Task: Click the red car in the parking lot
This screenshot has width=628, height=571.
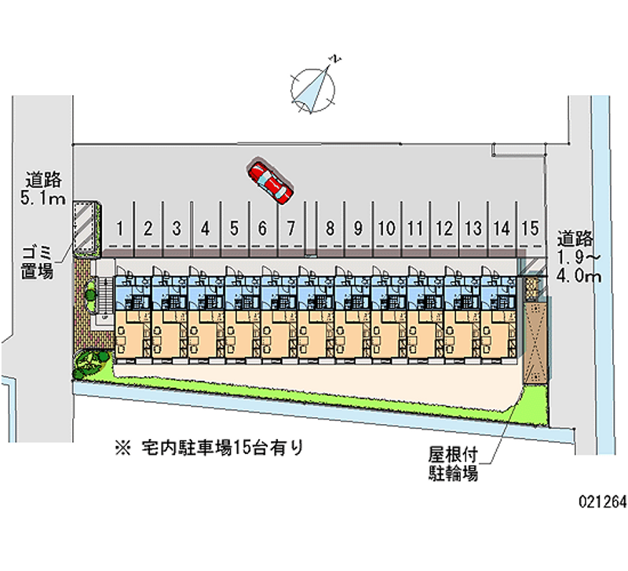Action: (269, 181)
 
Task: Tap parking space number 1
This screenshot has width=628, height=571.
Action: (119, 229)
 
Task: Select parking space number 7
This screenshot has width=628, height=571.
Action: (290, 229)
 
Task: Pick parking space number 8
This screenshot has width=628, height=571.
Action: (330, 229)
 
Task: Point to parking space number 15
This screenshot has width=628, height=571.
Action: (530, 229)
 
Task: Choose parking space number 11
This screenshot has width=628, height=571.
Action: (415, 229)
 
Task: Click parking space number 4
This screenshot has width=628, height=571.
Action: (205, 229)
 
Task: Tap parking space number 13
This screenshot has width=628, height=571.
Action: (473, 229)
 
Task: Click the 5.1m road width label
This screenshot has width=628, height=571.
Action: (43, 189)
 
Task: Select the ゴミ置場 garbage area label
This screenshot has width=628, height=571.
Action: (37, 262)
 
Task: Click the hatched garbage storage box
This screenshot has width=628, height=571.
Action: (87, 227)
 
